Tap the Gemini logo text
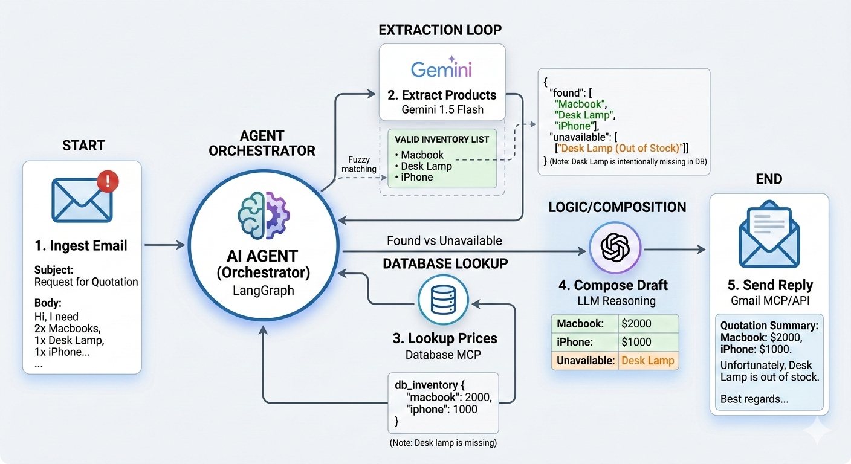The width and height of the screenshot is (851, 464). (x=441, y=69)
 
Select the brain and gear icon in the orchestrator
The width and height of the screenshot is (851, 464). (x=264, y=216)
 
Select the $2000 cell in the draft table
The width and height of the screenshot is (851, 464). (x=648, y=324)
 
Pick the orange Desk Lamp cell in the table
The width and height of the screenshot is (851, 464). (x=648, y=361)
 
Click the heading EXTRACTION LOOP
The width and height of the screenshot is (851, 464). (x=440, y=30)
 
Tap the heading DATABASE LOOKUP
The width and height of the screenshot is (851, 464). (x=445, y=263)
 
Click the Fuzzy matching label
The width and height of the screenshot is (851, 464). (x=358, y=164)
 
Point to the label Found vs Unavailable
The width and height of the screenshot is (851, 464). (x=444, y=240)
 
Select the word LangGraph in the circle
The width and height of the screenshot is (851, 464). (x=264, y=291)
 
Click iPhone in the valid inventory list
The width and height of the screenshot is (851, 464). (x=417, y=177)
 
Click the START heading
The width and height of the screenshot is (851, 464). (x=83, y=146)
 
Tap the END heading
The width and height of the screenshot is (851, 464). (x=769, y=179)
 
